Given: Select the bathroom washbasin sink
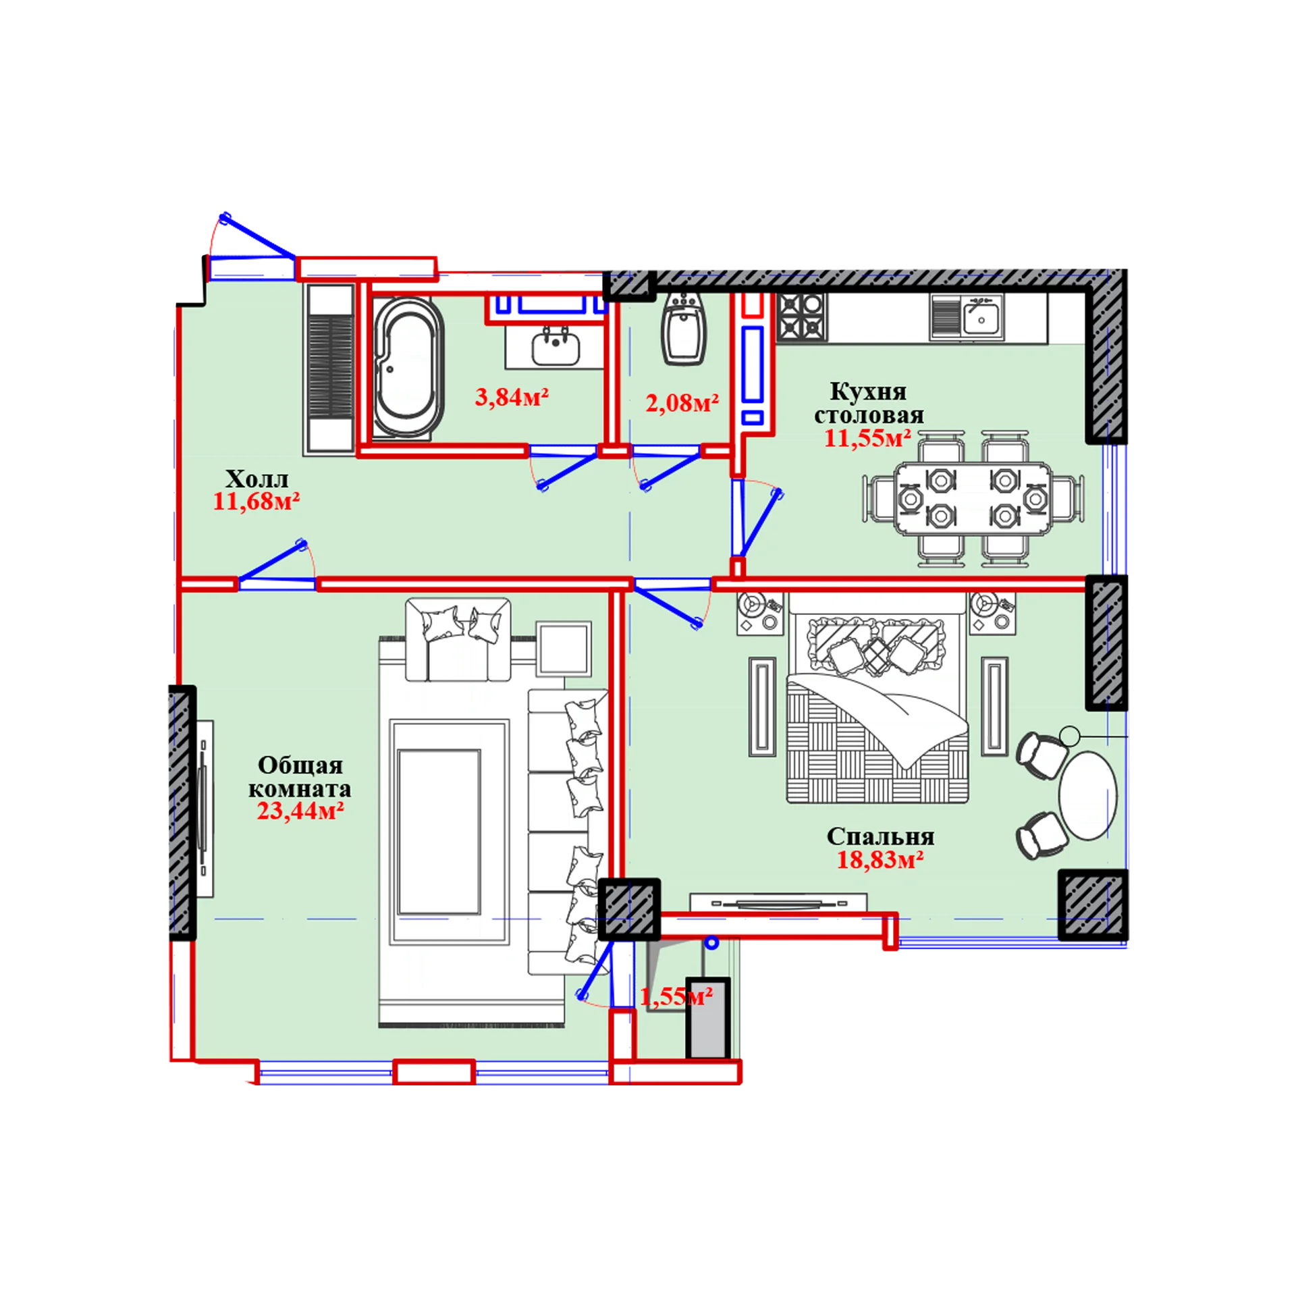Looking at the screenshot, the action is [556, 346].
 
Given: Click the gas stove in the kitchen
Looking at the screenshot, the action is [801, 317].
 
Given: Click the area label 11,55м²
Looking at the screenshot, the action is [867, 438].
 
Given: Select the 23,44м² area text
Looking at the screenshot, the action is [300, 810].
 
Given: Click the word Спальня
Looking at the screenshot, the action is [880, 836].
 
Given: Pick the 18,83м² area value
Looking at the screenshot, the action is [880, 860].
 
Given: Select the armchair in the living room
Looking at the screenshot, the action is [458, 639].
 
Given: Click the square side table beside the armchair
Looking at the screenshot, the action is [564, 648].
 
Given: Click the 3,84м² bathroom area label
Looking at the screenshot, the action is [512, 397].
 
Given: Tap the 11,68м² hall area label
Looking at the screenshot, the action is [256, 502].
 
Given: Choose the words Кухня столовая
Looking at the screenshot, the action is [869, 403].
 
